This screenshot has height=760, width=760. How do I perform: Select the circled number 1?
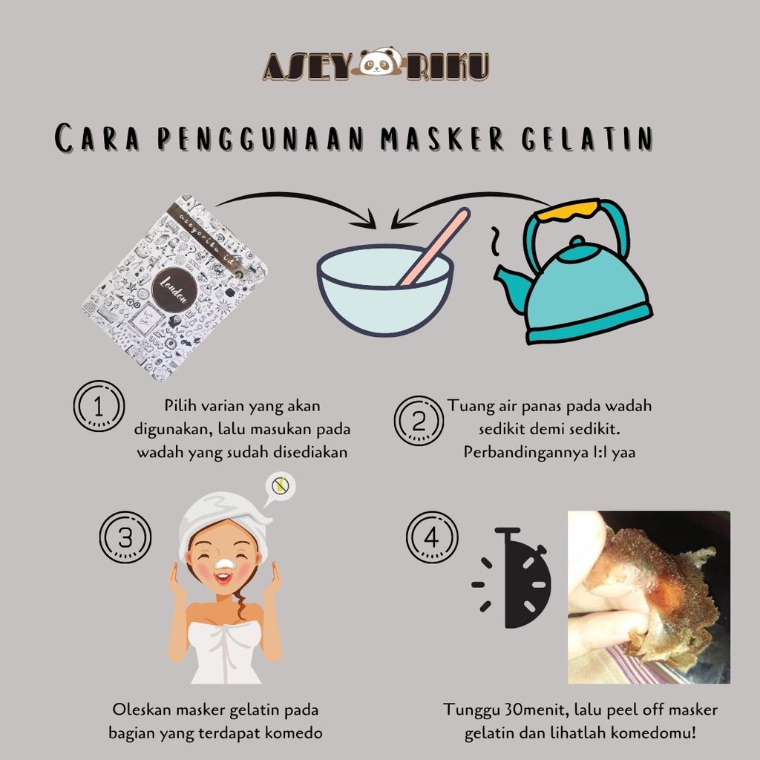(99, 406)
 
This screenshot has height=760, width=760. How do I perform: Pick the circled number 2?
(419, 421)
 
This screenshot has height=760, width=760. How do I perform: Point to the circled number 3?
(125, 537)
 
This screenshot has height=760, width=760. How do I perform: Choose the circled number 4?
(432, 537)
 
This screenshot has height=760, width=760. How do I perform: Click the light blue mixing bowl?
(385, 291)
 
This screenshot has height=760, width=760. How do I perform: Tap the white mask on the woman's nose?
(224, 564)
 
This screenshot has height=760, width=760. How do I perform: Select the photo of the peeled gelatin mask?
(649, 597)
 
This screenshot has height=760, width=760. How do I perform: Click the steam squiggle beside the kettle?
(495, 240)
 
